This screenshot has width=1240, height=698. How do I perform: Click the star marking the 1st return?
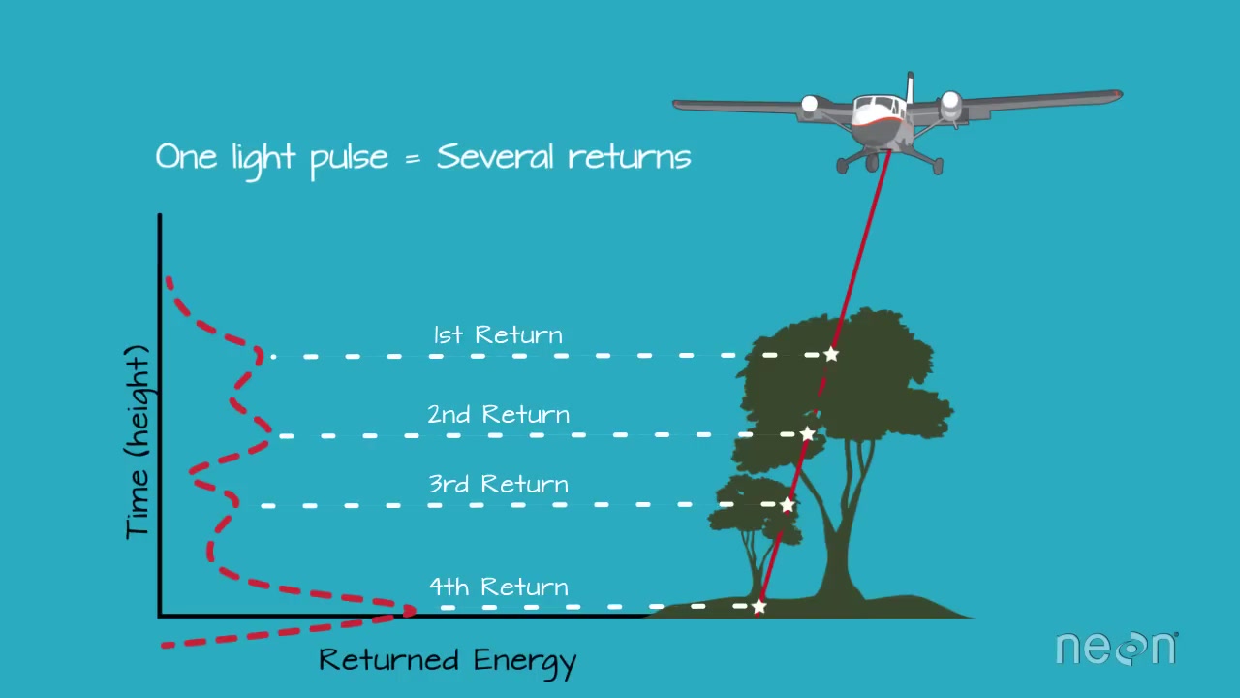coord(831,354)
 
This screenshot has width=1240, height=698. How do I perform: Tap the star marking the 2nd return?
coord(808,433)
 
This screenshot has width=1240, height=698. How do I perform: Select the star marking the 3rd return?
coord(788,505)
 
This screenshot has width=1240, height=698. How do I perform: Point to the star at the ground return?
coord(759,606)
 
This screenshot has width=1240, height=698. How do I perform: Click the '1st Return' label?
coord(498,335)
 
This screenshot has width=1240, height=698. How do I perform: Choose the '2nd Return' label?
coord(498,414)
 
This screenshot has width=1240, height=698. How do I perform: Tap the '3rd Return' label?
coord(498,484)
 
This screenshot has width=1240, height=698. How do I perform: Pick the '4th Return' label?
coord(498,587)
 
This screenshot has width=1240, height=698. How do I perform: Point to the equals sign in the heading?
coord(413,158)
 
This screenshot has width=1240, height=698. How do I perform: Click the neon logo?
coord(1117,648)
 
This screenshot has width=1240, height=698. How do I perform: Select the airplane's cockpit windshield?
coord(876,104)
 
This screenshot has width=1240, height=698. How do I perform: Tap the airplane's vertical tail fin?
coord(910,87)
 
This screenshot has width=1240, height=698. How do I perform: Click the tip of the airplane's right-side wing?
coord(1120,95)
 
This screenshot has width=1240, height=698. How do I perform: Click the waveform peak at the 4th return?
coord(411,611)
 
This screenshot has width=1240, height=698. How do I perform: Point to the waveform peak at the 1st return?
coord(260,354)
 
